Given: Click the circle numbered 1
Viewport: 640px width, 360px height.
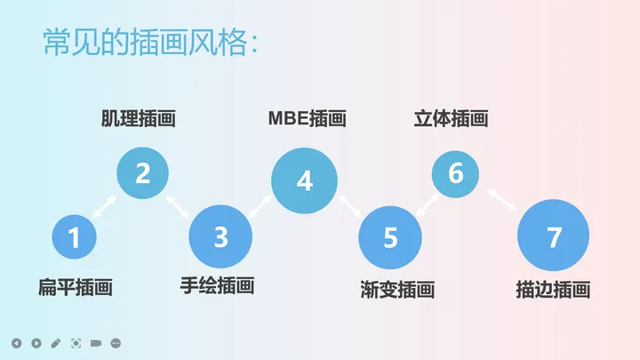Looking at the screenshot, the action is point(74,237).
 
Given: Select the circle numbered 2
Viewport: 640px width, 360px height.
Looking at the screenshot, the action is point(142,172).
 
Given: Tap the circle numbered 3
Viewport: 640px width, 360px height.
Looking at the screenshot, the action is point(221,237).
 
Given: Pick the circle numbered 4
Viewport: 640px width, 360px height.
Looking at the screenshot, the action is point(305,181).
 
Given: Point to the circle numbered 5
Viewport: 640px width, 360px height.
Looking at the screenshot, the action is point(391,237).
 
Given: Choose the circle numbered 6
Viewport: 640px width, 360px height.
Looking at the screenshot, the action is point(455,172).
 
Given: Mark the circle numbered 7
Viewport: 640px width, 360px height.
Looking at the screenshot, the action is point(554,237).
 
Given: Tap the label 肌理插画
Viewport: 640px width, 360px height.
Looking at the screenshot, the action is point(138,118).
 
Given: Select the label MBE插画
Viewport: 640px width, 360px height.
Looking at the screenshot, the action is point(307,118).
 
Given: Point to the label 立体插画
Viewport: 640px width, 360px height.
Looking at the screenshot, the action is point(452,118).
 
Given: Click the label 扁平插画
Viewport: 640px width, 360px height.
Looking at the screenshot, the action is point(76,287).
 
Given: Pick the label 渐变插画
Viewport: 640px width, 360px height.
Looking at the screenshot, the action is point(397,289).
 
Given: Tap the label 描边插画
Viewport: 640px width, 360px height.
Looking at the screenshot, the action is point(553,289).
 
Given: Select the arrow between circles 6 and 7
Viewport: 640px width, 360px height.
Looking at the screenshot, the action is point(503,199).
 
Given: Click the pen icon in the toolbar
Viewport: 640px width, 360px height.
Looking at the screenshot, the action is point(56,343).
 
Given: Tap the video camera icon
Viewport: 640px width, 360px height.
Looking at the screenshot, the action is point(96,343).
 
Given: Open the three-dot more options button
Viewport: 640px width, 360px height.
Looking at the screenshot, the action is point(116,343).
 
